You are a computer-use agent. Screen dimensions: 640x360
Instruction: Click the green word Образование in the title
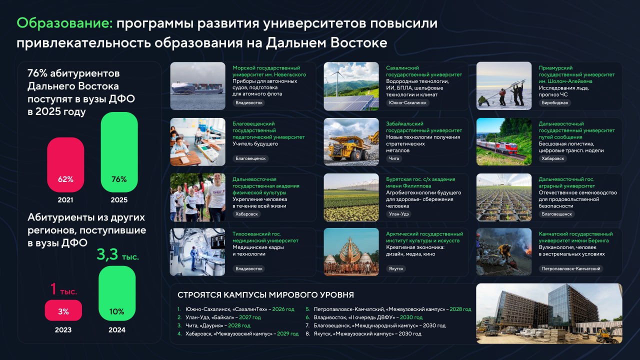coord(65,23)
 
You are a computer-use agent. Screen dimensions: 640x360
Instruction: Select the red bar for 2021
coord(65,164)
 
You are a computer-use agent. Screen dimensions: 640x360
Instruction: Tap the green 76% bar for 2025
coord(119,152)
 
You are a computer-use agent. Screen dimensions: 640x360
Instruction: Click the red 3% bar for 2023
coord(63,310)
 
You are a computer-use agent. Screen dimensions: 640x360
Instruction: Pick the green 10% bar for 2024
coord(117,293)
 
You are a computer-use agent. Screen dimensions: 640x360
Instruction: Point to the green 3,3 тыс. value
coord(117,254)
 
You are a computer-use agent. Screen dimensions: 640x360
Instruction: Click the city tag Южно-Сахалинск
coord(407,102)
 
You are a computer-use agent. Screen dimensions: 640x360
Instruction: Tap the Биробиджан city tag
coord(555,102)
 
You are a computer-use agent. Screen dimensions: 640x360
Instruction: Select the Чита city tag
coord(394,158)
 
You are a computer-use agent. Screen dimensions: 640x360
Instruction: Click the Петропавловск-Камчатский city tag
coord(571,268)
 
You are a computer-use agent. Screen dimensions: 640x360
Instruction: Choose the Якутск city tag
coord(396,268)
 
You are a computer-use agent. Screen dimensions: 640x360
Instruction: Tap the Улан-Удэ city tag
coord(399,213)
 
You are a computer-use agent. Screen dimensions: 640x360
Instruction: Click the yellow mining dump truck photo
coord(351,141)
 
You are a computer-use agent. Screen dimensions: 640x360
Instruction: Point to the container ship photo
coord(197,86)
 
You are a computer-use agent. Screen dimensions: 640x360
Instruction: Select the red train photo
coord(504,141)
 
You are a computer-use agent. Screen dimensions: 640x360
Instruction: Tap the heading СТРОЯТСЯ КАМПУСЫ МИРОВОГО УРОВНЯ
coord(265,295)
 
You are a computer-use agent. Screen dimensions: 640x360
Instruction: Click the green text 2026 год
coord(283,309)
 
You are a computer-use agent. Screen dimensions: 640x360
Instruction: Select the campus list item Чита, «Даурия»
coord(204,325)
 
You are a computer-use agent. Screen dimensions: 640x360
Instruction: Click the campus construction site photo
coord(549,313)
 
